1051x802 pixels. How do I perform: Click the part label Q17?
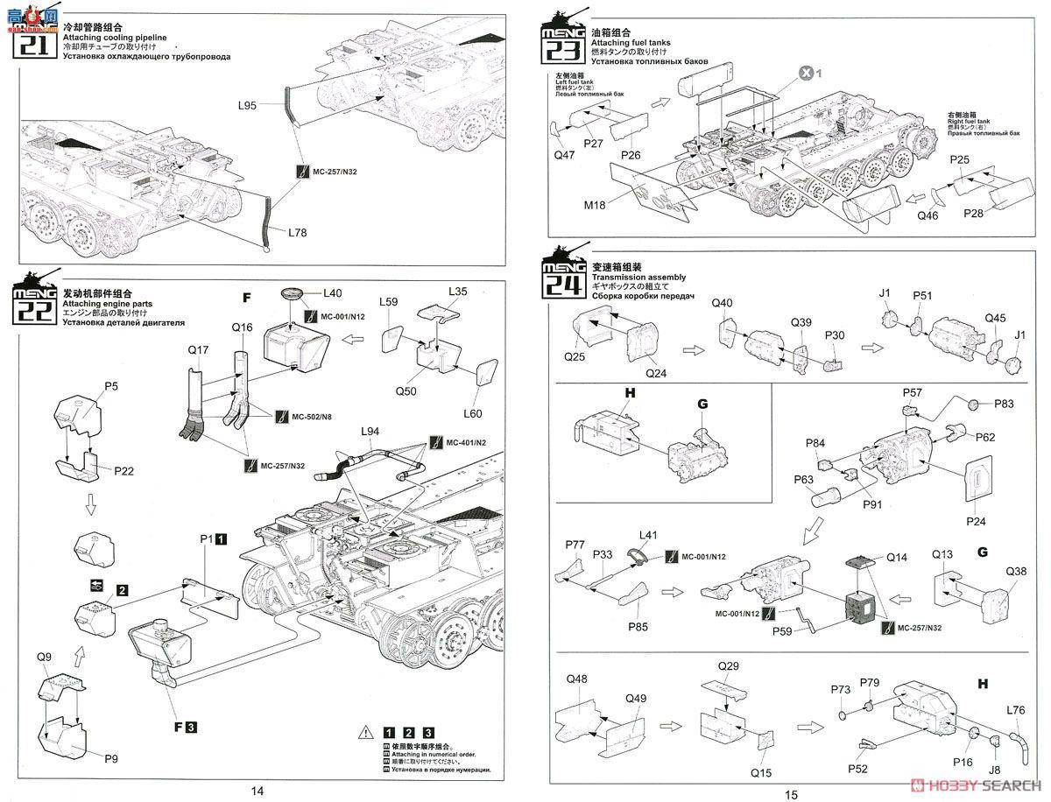199,349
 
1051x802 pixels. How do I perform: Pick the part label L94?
370,432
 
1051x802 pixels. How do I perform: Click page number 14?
257,791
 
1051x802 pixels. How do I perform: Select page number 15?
791,793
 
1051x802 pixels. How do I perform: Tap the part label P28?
975,213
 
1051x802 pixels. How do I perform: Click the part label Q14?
897,556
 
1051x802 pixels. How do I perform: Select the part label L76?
1015,710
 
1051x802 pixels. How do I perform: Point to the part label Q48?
577,679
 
